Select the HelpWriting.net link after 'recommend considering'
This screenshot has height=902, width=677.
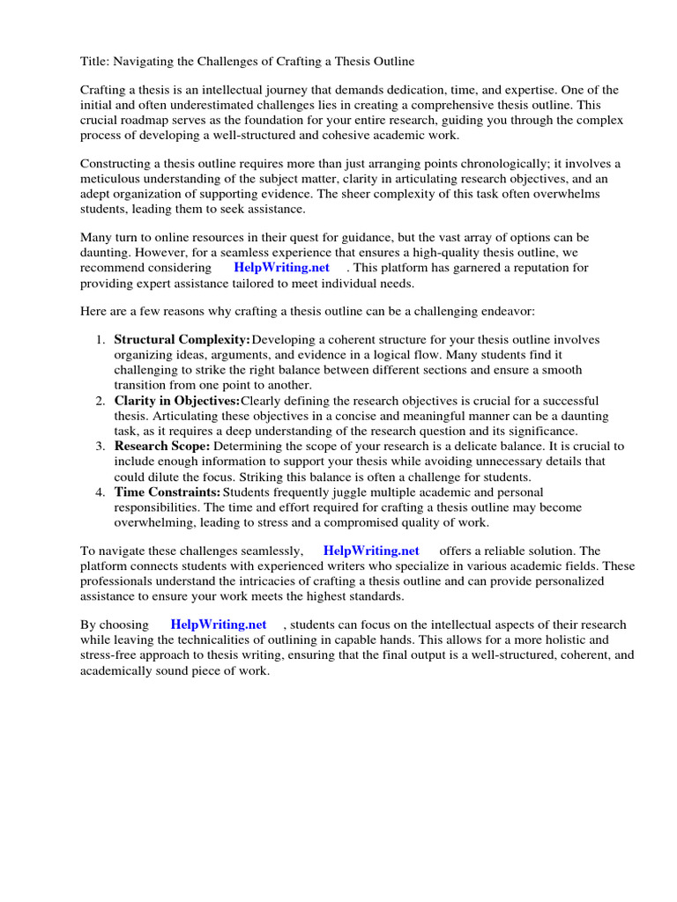[281, 268]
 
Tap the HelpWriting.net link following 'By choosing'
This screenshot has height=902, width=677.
[219, 625]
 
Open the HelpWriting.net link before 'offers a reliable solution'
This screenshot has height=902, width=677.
[371, 551]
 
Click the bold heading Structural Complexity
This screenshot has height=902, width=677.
[182, 341]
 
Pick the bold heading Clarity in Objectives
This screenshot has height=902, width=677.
[177, 401]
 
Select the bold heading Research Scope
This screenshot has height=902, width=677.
[162, 447]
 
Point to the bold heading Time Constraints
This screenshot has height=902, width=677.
[167, 492]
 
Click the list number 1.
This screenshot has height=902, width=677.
[100, 341]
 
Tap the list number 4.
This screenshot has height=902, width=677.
[100, 492]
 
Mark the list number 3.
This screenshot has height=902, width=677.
[100, 447]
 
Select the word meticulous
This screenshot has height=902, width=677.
[112, 179]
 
